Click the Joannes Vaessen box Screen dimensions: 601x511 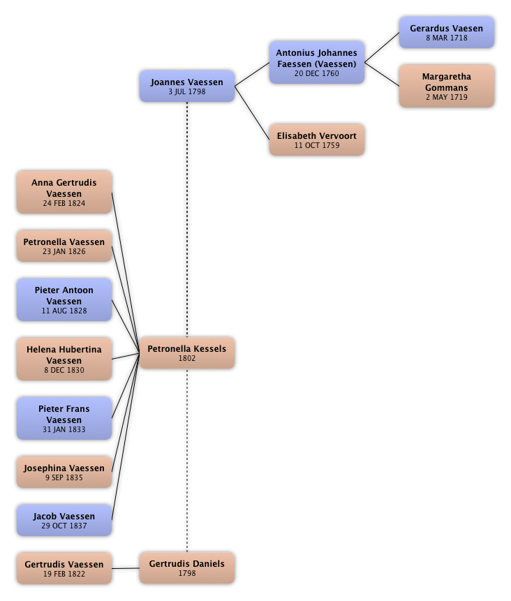tap(187, 87)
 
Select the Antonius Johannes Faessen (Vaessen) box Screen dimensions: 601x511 tap(316, 63)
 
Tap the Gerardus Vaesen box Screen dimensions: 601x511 tap(446, 33)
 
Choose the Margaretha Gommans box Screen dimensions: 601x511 tap(446, 87)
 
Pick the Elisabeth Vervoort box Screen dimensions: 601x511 tap(316, 140)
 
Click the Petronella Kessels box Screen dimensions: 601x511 tap(187, 353)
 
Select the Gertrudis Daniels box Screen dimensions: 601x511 tap(187, 568)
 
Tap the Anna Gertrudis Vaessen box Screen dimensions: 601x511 tap(64, 193)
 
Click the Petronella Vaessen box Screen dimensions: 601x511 tap(64, 246)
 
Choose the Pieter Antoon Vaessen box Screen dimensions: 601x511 tap(64, 300)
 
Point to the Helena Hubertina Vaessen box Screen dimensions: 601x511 tap(64, 359)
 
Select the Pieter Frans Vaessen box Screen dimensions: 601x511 tap(64, 419)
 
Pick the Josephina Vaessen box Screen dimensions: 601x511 tap(64, 473)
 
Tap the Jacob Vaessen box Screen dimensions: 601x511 tap(64, 521)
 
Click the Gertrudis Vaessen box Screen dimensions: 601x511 tap(64, 568)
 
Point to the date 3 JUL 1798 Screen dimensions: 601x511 tap(187, 91)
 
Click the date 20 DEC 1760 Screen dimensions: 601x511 tap(316, 73)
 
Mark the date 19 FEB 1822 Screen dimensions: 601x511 tap(64, 574)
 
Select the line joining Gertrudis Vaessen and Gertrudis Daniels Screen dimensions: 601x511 tap(126, 568)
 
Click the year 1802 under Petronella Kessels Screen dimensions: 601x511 tap(187, 359)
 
